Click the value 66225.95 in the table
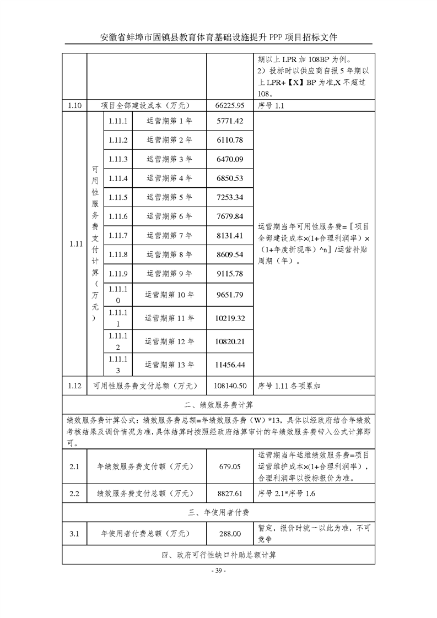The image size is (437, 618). click(231, 105)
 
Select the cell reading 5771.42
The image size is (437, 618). click(231, 121)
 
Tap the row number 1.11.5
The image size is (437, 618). click(118, 197)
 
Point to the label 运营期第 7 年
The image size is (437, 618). click(170, 236)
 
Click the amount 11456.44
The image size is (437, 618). click(231, 365)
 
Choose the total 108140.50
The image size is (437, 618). click(231, 386)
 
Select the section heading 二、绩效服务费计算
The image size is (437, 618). click(219, 405)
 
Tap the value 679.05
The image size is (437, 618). click(231, 467)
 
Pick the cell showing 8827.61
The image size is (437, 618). click(231, 494)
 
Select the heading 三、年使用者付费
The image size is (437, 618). click(219, 512)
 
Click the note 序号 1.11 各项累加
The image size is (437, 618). click(289, 386)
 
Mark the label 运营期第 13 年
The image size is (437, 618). click(170, 365)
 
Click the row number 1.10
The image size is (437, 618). click(75, 105)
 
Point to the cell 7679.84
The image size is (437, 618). click(231, 216)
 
